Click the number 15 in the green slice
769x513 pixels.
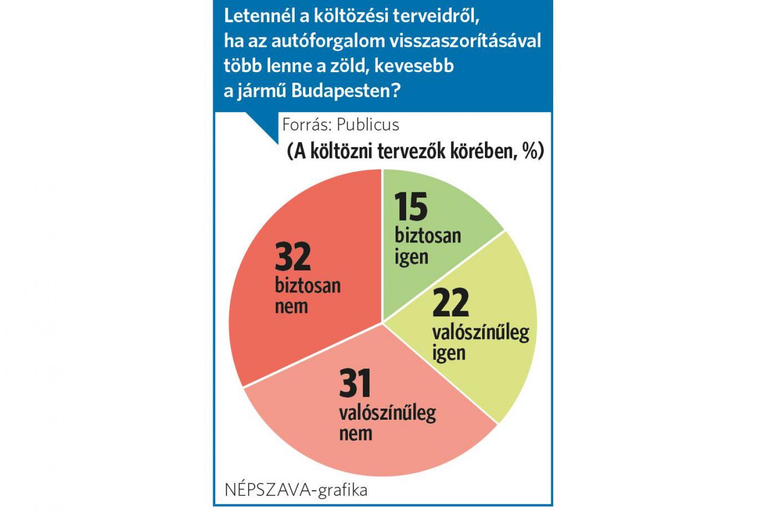click(x=411, y=207)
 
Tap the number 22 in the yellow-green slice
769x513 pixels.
click(x=450, y=303)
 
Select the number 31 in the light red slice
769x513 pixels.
click(x=355, y=383)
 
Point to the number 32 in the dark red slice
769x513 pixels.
click(x=293, y=257)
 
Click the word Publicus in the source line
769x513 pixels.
click(x=368, y=125)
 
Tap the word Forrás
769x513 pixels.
click(x=306, y=125)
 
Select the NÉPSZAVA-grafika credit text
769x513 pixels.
click(x=296, y=490)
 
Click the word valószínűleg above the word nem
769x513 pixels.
click(x=387, y=413)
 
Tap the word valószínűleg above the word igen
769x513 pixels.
click(x=481, y=332)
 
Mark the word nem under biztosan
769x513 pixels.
click(x=291, y=306)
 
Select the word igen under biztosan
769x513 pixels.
click(x=411, y=257)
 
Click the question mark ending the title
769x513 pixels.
click(x=395, y=90)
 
